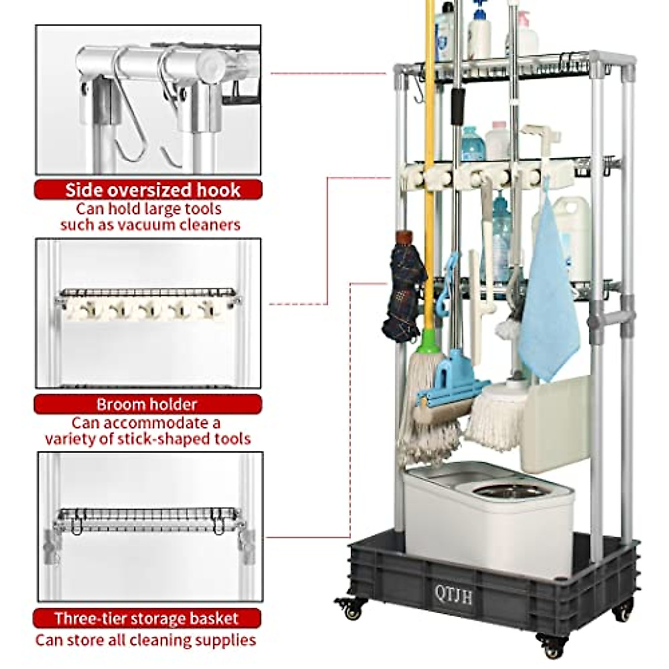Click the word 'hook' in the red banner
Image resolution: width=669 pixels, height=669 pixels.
pyautogui.click(x=218, y=190)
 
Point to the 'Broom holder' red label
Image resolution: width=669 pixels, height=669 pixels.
pyautogui.click(x=147, y=404)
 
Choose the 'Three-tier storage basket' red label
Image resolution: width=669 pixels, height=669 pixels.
pyautogui.click(x=147, y=618)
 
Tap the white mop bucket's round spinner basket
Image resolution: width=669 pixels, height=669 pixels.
pyautogui.click(x=510, y=491)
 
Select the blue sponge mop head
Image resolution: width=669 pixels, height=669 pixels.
pyautogui.click(x=452, y=385)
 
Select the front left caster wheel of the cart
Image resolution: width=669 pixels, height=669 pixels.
pyautogui.click(x=352, y=610)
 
